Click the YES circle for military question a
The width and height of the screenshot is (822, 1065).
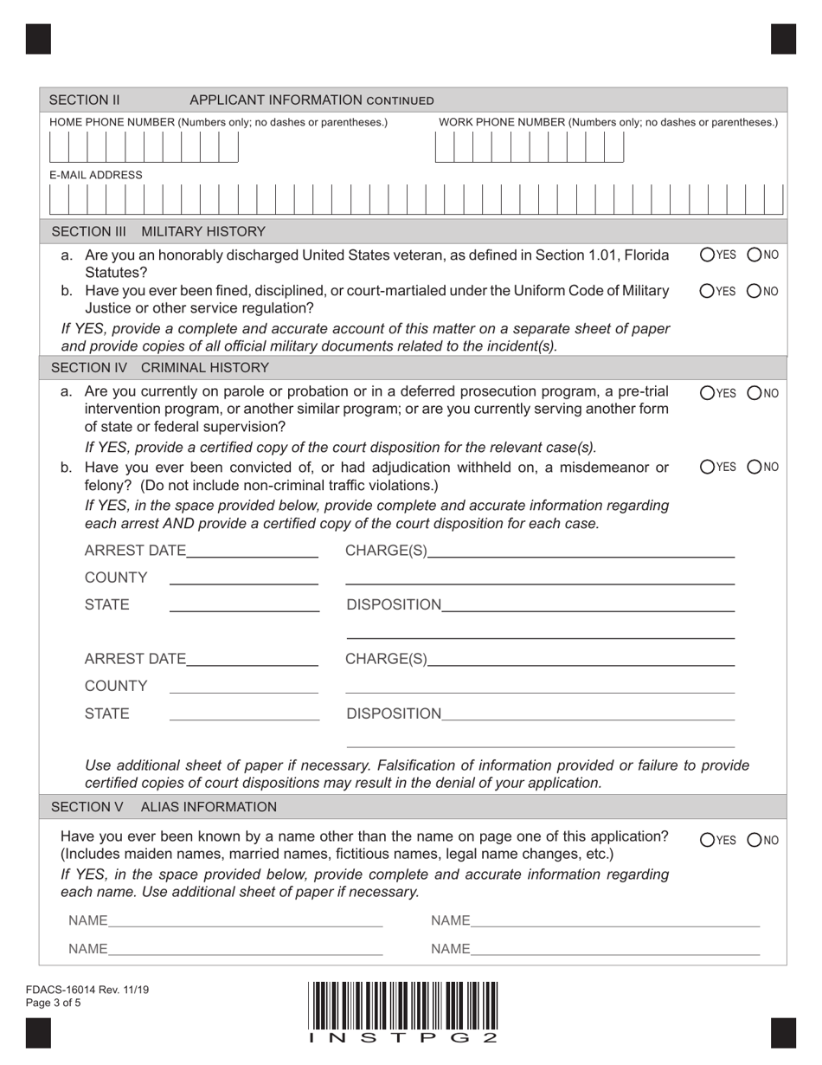(707, 255)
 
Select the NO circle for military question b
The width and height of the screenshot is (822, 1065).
(755, 291)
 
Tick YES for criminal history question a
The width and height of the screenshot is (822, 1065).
(707, 393)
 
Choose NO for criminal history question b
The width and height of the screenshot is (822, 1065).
(755, 468)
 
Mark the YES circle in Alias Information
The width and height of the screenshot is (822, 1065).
(707, 839)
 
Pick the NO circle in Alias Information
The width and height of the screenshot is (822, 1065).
(755, 839)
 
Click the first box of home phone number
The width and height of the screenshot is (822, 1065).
(60, 149)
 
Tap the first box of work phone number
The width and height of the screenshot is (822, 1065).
(444, 149)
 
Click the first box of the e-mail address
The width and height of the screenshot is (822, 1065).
(60, 200)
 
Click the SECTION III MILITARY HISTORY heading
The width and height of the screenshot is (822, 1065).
(158, 232)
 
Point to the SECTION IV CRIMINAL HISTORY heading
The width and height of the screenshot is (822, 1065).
(160, 368)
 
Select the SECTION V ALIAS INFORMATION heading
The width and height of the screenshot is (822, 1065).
(164, 807)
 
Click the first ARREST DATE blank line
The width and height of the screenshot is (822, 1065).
(252, 552)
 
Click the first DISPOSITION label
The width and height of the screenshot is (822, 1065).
(394, 604)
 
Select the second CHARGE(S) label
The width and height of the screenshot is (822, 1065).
(386, 660)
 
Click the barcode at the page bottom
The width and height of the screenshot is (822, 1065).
(403, 1004)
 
